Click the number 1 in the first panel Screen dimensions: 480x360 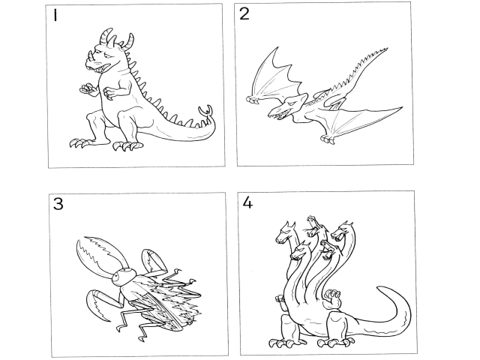[55, 16]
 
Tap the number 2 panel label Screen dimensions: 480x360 [244, 14]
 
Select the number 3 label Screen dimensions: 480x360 [58, 204]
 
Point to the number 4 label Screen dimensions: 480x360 [247, 202]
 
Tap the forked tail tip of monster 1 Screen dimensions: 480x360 [205, 110]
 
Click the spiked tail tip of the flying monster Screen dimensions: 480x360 [382, 50]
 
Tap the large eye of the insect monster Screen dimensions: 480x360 [117, 277]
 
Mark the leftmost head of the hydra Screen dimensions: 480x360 [285, 233]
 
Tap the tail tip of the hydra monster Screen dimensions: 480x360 [382, 289]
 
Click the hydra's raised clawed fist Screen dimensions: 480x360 [333, 298]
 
